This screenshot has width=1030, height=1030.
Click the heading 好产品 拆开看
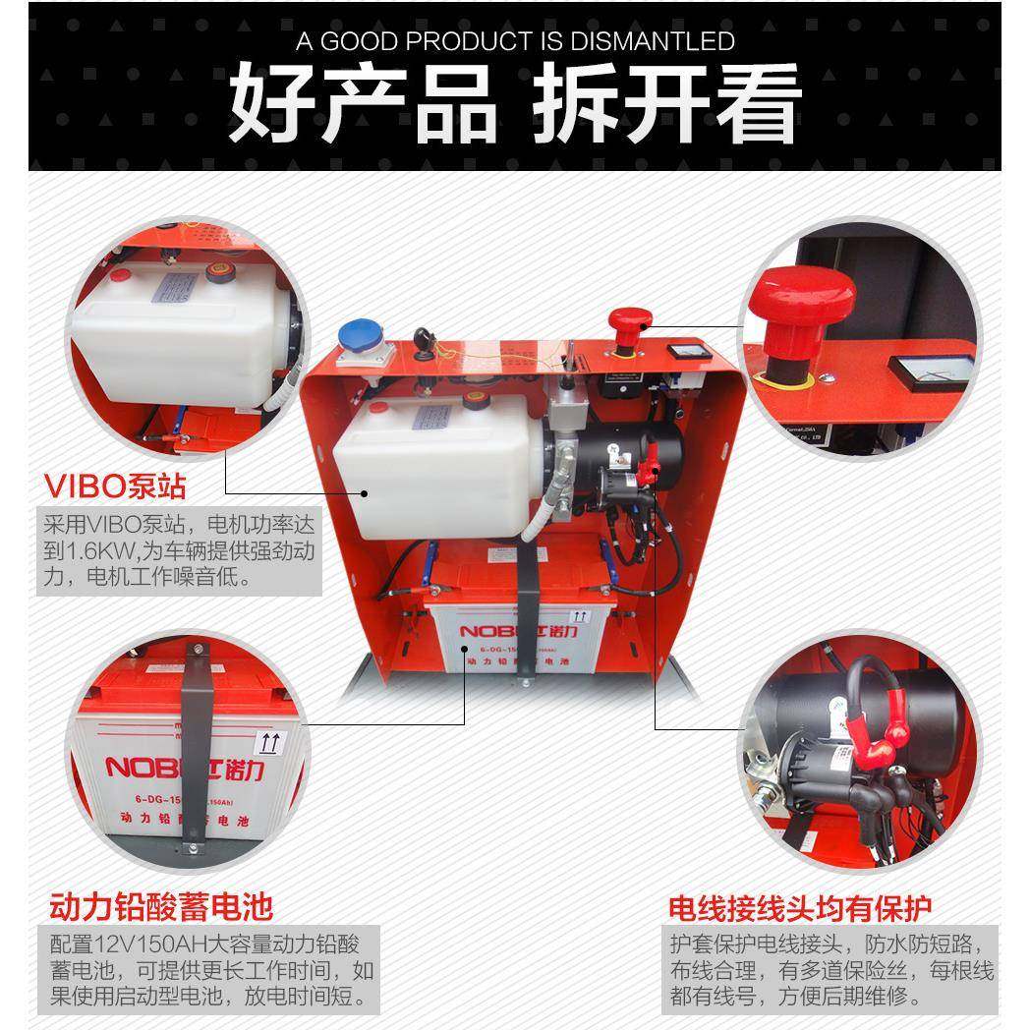click(514, 101)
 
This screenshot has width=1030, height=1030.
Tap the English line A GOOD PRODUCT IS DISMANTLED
click(514, 41)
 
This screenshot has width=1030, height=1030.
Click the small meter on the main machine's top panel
click(681, 350)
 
